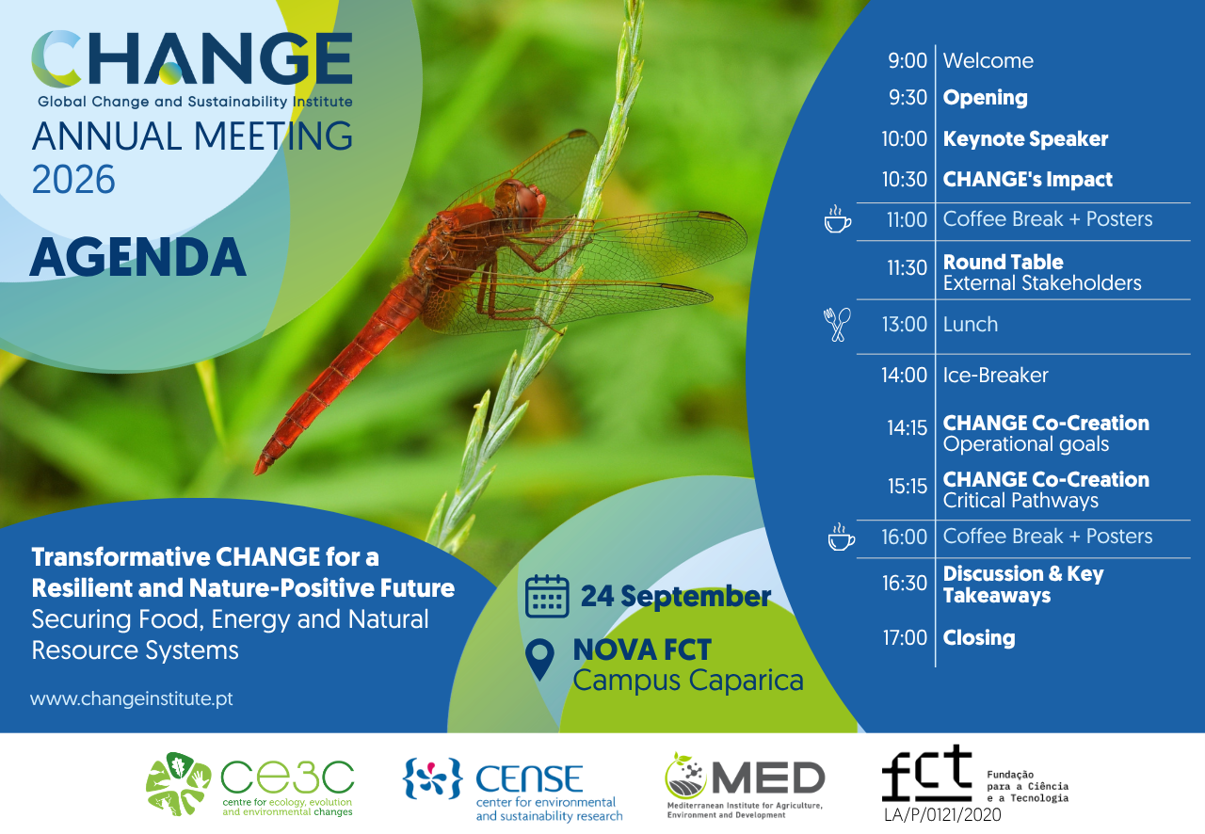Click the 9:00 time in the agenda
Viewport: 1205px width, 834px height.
coord(908,61)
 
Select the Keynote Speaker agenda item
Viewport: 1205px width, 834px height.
coord(1025,138)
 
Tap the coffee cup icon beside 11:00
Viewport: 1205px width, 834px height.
coord(838,219)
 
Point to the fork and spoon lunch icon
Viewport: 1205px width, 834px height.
coord(837,325)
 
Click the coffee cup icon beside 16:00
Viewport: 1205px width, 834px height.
coord(842,537)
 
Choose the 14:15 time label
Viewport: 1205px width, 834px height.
coord(907,428)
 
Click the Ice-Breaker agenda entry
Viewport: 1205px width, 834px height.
coord(995,375)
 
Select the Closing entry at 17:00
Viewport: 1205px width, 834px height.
coord(979,637)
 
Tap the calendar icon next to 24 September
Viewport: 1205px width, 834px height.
coord(547,596)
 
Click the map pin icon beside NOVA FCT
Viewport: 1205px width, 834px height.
coord(539,660)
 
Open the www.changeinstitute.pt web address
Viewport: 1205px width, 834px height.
coord(132,698)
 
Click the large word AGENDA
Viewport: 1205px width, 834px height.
coord(137,257)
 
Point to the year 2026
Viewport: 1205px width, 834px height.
coord(73,179)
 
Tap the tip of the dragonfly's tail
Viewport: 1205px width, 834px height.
coord(257,472)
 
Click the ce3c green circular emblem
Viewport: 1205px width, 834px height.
coord(178,784)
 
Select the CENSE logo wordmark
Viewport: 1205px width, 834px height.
coord(529,778)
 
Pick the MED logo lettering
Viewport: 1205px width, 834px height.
coord(769,778)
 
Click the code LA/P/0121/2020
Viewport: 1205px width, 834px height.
coord(942,815)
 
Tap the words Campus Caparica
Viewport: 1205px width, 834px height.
coord(688,682)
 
